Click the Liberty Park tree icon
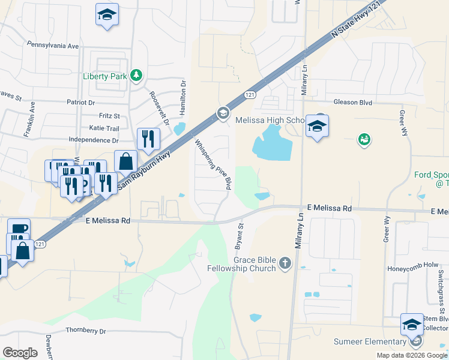click(137, 75)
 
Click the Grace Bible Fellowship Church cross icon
click(285, 263)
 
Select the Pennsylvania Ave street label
click(53, 46)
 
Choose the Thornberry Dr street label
click(85, 331)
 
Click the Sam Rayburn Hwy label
click(144, 171)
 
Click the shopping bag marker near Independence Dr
click(125, 162)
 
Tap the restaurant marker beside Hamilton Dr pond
click(148, 139)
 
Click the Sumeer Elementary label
click(370, 342)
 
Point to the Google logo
click(20, 353)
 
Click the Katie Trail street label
click(104, 128)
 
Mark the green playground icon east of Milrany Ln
click(363, 140)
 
